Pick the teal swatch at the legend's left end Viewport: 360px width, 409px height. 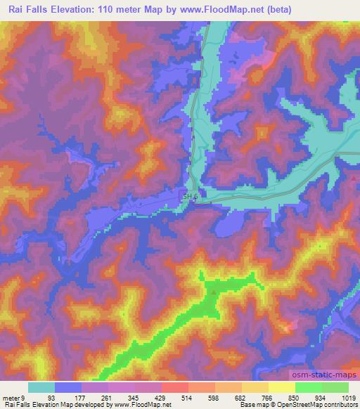pyautogui.click(x=41, y=387)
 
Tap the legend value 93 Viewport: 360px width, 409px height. pyautogui.click(x=51, y=397)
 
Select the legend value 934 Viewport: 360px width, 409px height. pyautogui.click(x=319, y=397)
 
